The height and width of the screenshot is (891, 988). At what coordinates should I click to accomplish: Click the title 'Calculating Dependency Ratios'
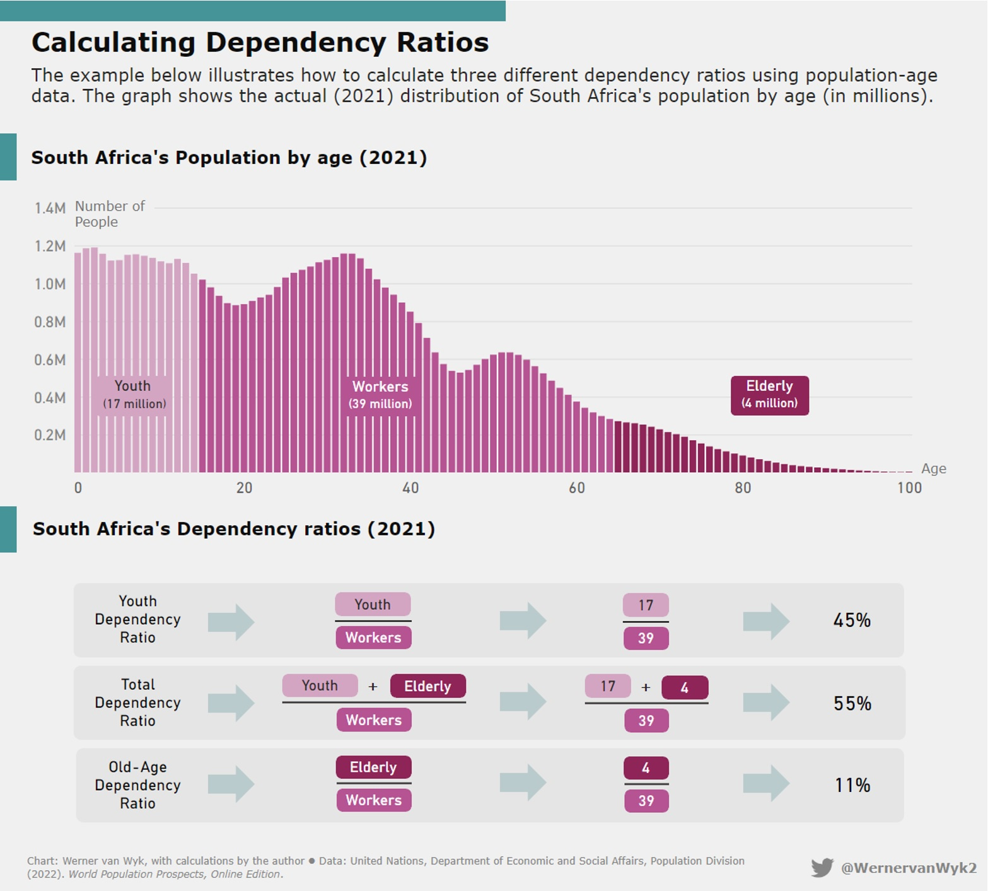point(260,43)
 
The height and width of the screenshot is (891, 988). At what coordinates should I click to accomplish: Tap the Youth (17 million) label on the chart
point(134,395)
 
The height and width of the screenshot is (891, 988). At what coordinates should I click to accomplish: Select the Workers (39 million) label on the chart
point(380,395)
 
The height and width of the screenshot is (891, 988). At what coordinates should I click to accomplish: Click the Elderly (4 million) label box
point(769,395)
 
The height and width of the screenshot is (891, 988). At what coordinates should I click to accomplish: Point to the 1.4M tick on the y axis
point(50,208)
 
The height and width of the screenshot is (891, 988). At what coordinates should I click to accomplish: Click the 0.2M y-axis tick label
point(50,435)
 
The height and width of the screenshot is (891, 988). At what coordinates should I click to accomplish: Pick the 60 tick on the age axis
point(576,488)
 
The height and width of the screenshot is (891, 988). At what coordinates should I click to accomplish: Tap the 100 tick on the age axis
point(909,488)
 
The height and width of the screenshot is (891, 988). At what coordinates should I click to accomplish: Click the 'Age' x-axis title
point(933,469)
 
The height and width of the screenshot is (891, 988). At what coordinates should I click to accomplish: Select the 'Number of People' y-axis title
point(110,214)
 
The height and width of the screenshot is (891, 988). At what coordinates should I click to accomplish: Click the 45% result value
point(852,620)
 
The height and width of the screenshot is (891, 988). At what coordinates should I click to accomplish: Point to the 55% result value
point(852,703)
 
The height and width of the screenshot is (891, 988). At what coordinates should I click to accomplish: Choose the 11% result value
point(852,785)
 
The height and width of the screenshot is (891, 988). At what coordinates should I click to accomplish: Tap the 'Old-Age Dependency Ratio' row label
point(137,785)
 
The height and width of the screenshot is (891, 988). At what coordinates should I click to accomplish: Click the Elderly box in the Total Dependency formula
point(427,686)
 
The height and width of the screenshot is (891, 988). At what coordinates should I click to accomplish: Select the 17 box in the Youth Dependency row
point(646,605)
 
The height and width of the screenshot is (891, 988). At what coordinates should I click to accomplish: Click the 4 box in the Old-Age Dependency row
point(646,768)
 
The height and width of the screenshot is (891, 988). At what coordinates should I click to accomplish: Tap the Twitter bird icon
point(822,868)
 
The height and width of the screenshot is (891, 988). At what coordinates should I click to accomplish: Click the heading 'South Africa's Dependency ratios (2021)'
point(234,529)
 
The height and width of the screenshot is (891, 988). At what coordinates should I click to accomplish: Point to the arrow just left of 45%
point(766,621)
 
